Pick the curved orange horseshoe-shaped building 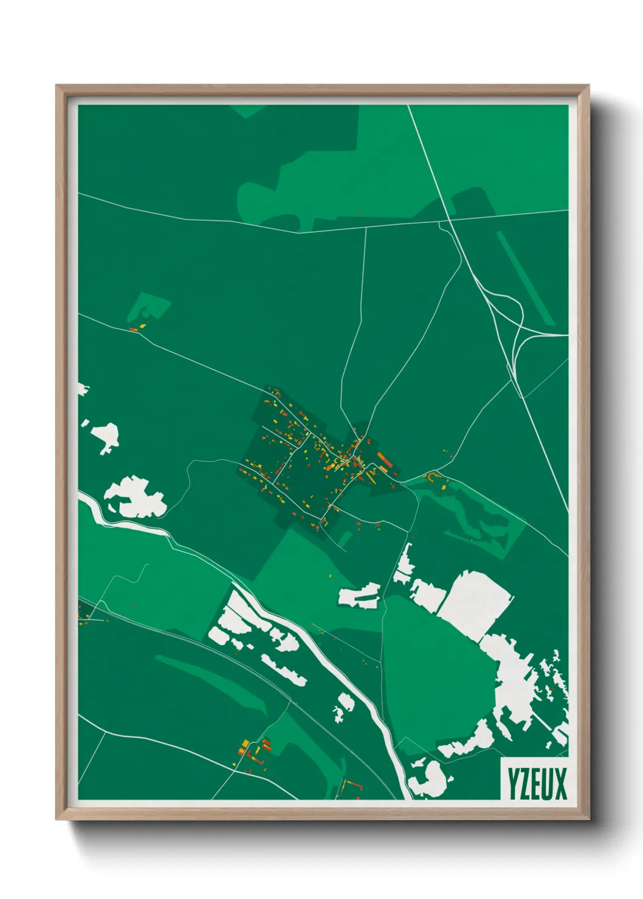(433, 477)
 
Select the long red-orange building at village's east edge (384, 459)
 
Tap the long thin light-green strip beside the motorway (525, 276)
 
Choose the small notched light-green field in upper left (149, 307)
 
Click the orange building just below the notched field (134, 329)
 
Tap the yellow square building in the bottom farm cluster (246, 743)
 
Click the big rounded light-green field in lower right (438, 674)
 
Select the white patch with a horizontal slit (360, 595)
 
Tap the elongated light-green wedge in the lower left (213, 680)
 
